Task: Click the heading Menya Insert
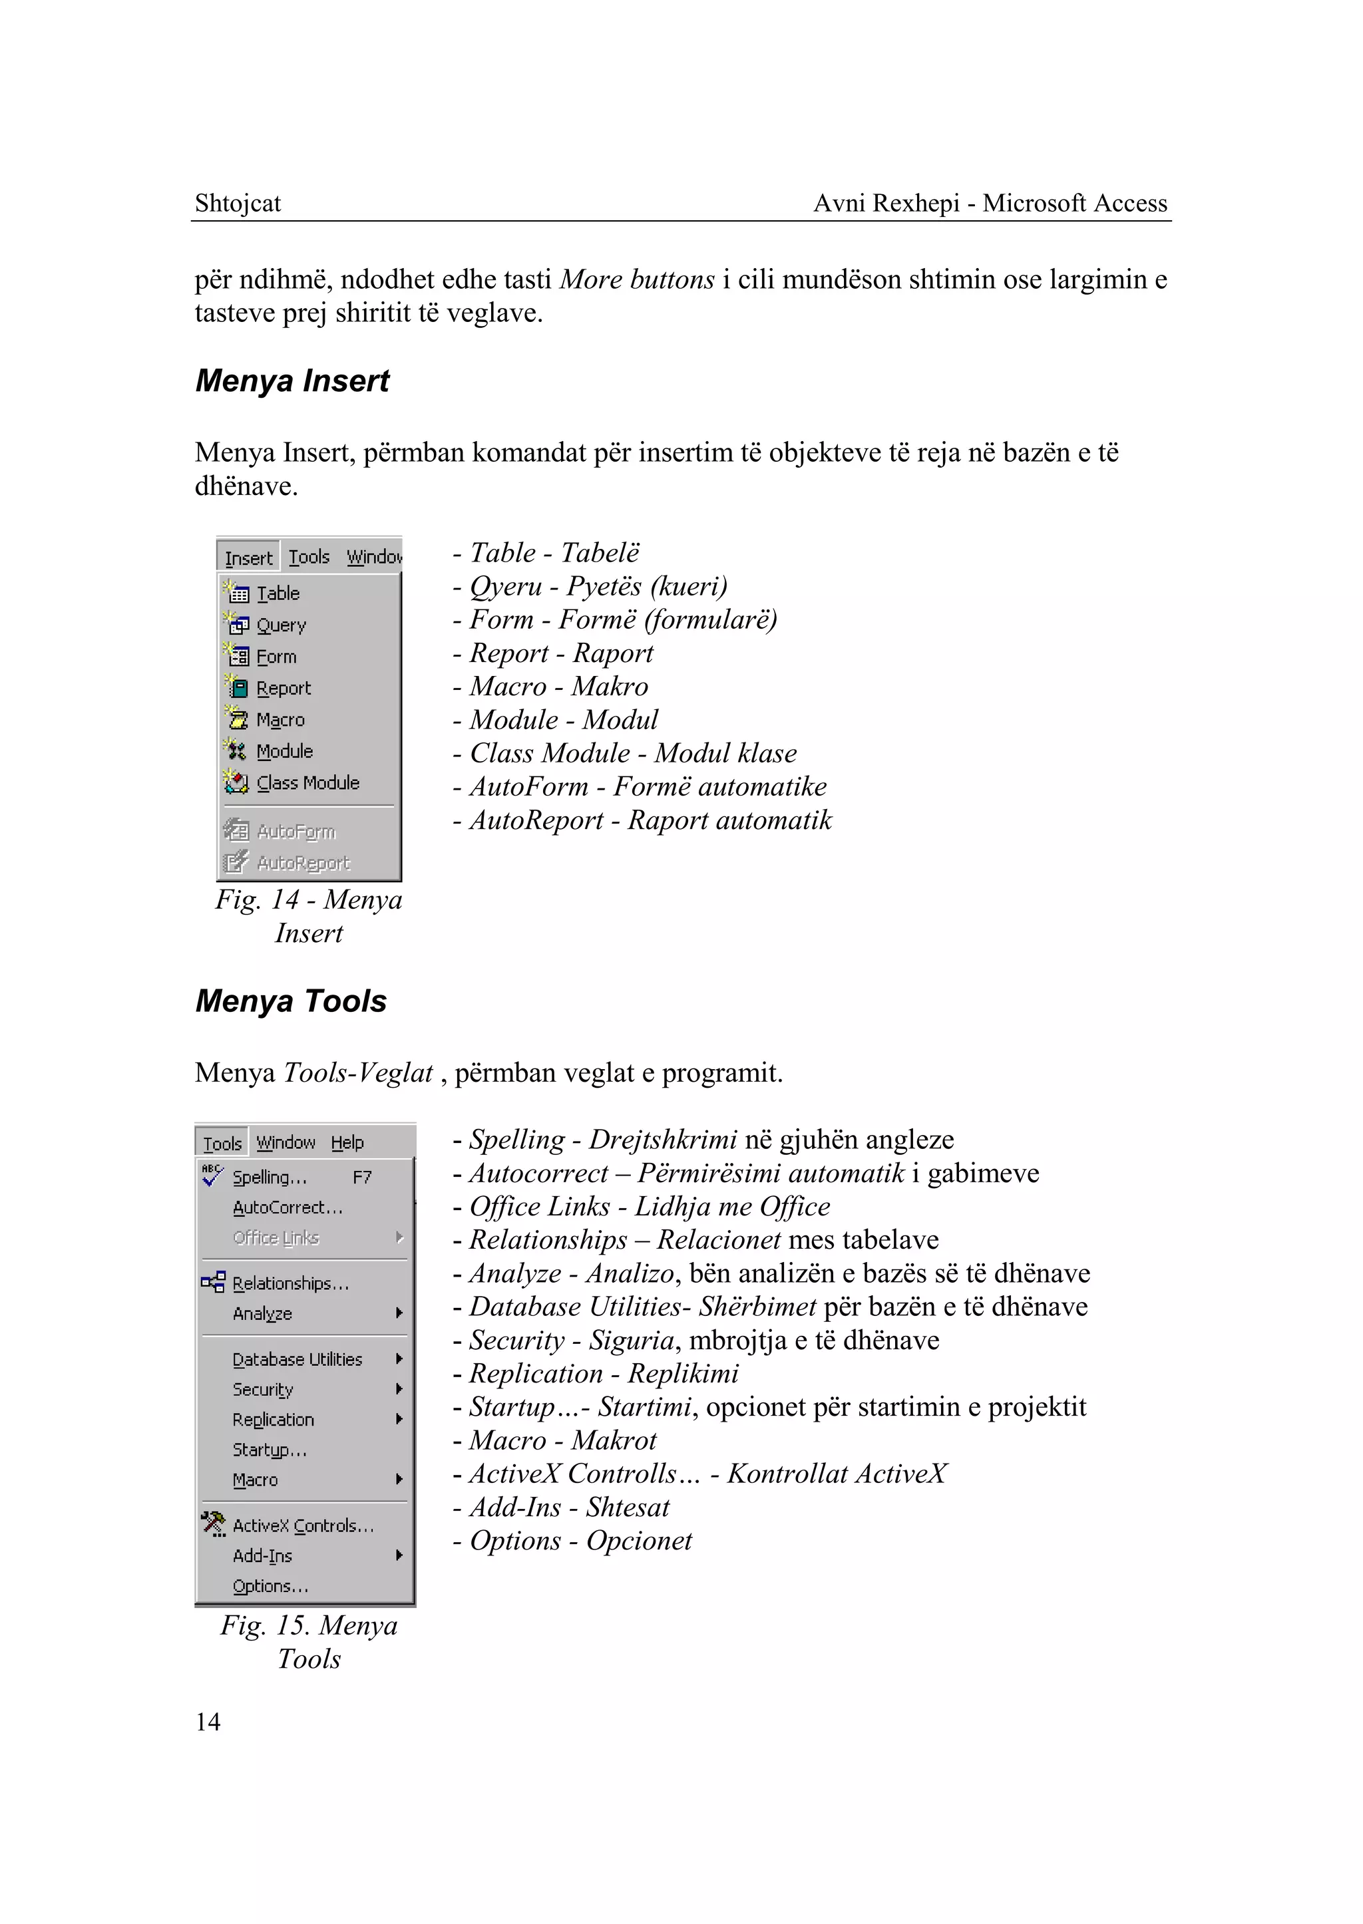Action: tap(292, 381)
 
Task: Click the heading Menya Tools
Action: tap(290, 1001)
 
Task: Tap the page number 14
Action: tap(207, 1722)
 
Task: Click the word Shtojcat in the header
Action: tap(238, 203)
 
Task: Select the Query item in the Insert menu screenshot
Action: tap(280, 625)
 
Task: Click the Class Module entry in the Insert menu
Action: tap(307, 783)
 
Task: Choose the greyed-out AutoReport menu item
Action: tap(303, 863)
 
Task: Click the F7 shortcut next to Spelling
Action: tap(362, 1178)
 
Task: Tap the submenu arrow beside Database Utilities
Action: tap(399, 1359)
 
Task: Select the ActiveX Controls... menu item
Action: tap(302, 1525)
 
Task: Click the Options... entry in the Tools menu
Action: tap(270, 1586)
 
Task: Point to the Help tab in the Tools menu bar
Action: tap(347, 1143)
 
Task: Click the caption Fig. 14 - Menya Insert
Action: tap(309, 916)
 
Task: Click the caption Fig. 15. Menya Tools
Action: tap(309, 1642)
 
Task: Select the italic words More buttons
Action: tap(637, 279)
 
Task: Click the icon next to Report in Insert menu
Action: tap(238, 688)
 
